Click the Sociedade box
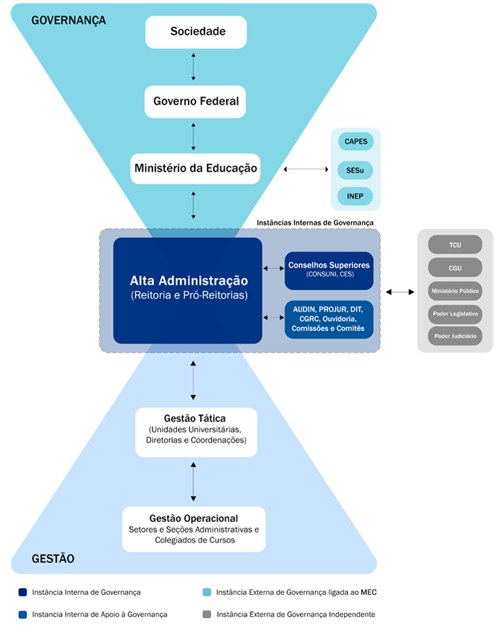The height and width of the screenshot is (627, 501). point(195,32)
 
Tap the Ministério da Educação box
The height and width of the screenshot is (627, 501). point(195,168)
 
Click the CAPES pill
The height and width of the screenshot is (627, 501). point(355,142)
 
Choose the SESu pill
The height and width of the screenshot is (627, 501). point(355,170)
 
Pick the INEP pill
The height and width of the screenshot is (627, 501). point(355,197)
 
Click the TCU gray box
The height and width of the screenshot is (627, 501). point(455,245)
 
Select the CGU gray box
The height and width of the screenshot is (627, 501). point(455,268)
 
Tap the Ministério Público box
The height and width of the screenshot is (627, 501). point(455,291)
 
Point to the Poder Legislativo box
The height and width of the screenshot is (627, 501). point(455,313)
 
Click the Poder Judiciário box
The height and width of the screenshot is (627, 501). point(455,336)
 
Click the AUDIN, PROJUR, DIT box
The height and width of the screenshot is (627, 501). point(329,319)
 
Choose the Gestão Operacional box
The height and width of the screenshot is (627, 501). point(193,529)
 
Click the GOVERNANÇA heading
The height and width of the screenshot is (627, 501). point(69,20)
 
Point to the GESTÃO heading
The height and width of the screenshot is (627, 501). point(53,559)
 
